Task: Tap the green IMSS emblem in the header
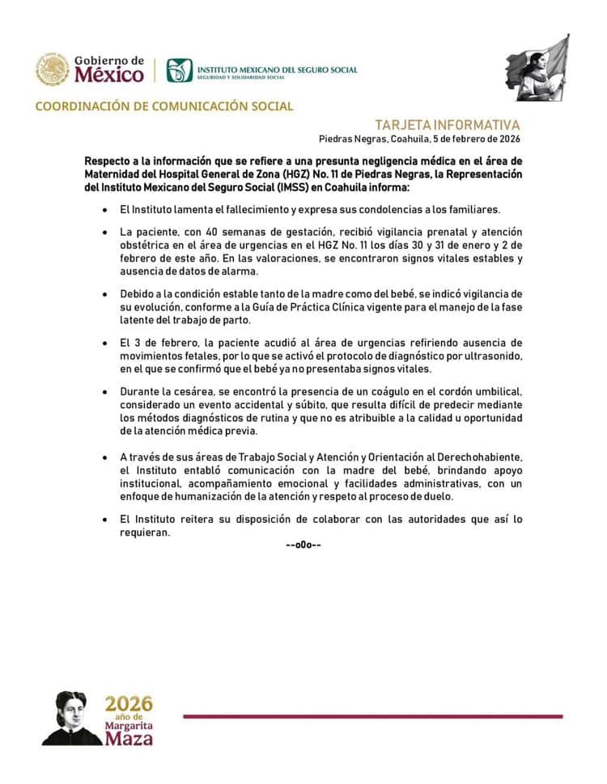tap(180, 70)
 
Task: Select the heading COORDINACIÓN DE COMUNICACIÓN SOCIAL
tap(164, 106)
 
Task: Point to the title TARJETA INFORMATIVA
tap(448, 125)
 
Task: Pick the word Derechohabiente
tap(474, 457)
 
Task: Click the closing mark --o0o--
tap(303, 545)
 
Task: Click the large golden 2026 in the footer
tap(129, 702)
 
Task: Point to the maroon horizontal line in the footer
tap(372, 716)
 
